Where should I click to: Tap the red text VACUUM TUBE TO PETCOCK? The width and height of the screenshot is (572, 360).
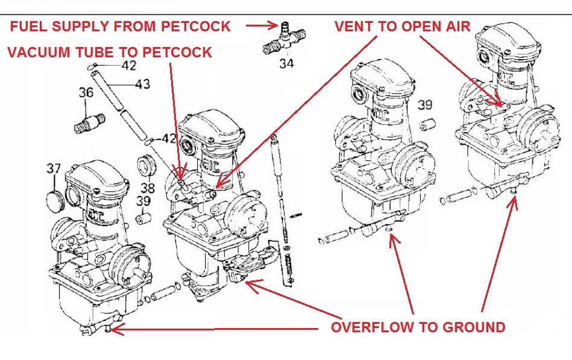click(110, 52)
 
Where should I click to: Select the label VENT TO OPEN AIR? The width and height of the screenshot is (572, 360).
click(403, 26)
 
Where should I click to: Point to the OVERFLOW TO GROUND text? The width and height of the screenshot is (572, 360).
click(418, 328)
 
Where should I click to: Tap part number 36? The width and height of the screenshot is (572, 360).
click(86, 93)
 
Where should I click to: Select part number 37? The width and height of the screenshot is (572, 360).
click(54, 169)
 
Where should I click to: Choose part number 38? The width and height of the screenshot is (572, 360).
click(147, 187)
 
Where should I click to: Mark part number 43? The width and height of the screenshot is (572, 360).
click(142, 84)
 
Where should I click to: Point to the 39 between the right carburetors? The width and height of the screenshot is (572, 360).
click(425, 105)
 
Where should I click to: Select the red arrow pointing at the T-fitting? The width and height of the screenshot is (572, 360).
click(260, 26)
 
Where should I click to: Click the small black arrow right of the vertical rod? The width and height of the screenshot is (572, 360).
click(295, 214)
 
